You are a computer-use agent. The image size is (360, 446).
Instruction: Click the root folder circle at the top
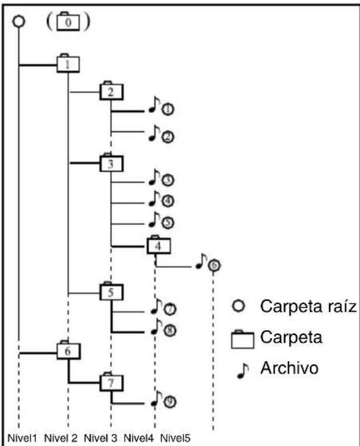pos(19,21)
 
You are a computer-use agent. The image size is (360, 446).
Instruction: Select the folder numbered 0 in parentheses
pos(68,21)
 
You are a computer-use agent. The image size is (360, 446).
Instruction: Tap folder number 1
pos(68,64)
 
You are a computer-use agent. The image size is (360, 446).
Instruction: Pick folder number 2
pos(111,91)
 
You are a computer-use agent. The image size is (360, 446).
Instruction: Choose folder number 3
pos(111,163)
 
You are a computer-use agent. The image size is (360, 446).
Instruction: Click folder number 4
pos(159,245)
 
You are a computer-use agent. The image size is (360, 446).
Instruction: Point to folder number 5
pos(111,291)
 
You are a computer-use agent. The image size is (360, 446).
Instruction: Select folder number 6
pos(68,350)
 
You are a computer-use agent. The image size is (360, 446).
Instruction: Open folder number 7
pos(111,382)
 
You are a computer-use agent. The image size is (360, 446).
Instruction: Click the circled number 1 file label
pos(168,109)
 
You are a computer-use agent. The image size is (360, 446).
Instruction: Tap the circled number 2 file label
pos(168,137)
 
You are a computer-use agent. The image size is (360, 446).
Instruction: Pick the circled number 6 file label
pos(214,265)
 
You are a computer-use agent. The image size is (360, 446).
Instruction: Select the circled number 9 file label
pos(170,401)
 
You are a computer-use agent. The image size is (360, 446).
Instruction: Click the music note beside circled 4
pos(154,198)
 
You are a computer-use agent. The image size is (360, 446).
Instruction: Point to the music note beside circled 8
pos(156,327)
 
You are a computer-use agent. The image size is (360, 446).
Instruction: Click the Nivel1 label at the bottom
pos(22,438)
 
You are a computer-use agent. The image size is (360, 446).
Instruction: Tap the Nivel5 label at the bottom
pos(175,438)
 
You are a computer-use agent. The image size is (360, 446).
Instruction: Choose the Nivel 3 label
pos(100,438)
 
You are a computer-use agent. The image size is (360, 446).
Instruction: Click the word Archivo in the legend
pos(289,368)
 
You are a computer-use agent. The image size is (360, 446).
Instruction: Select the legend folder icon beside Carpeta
pos(242,339)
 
